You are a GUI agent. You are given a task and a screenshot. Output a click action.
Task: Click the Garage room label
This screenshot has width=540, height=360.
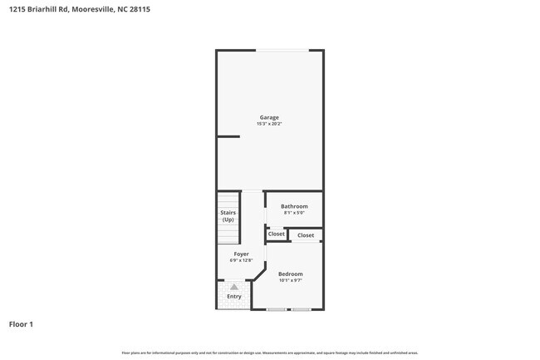(269, 117)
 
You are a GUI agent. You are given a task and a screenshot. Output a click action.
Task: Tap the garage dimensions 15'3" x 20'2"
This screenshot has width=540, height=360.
(269, 124)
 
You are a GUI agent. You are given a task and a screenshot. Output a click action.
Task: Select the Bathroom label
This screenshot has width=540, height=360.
(294, 206)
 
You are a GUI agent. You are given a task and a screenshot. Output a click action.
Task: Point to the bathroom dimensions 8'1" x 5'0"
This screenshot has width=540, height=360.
(294, 213)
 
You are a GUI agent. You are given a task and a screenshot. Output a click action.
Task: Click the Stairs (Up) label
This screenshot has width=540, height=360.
(228, 216)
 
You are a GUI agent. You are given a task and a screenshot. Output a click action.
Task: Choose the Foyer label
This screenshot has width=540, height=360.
(241, 254)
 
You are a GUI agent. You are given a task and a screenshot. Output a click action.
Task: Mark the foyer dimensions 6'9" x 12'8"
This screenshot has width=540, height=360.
(241, 260)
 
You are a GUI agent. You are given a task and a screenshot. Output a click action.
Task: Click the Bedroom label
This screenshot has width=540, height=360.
(290, 274)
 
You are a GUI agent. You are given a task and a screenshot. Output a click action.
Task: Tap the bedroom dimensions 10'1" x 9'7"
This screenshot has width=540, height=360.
(290, 280)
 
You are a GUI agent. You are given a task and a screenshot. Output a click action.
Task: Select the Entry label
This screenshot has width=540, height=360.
(234, 296)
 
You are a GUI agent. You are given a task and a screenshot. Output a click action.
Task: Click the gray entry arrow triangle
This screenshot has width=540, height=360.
(234, 287)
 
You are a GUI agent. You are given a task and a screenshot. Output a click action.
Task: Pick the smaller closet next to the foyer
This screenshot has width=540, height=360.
(276, 234)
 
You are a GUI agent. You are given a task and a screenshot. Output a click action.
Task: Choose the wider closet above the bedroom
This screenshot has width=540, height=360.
(306, 235)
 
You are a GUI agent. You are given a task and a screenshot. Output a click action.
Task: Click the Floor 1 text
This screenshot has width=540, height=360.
(21, 323)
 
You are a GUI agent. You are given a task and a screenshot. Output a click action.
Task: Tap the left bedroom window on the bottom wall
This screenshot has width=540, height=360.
(277, 309)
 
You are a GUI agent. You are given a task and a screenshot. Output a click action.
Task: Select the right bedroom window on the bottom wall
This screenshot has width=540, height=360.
(301, 309)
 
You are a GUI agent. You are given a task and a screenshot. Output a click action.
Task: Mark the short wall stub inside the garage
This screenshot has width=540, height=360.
(228, 136)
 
